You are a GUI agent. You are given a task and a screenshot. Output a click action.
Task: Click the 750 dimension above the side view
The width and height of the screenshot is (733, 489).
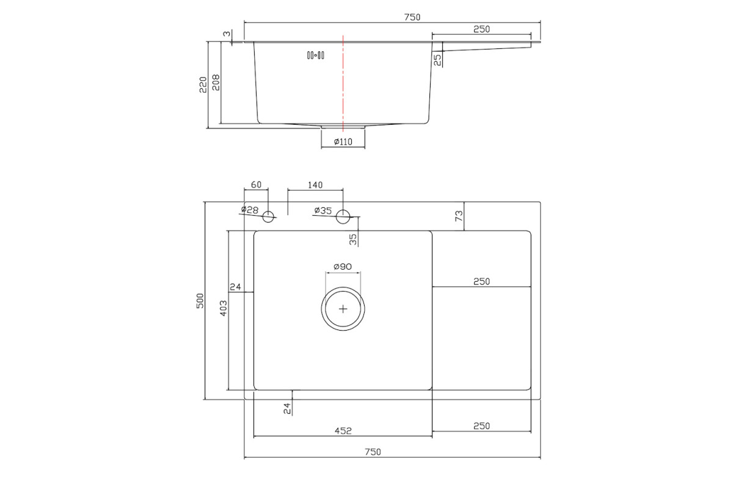(412, 17)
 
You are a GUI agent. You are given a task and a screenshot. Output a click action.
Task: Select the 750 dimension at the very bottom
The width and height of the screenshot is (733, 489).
(373, 452)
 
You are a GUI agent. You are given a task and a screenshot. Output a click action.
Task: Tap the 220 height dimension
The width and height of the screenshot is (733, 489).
(203, 85)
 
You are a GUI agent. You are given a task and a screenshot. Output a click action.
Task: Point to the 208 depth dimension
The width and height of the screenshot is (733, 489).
(216, 83)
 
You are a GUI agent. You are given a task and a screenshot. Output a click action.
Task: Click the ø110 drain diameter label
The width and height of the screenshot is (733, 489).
(343, 142)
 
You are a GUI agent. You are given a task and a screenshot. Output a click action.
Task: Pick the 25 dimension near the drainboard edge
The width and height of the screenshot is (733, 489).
(437, 60)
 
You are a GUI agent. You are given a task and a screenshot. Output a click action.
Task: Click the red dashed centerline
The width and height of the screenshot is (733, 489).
(343, 83)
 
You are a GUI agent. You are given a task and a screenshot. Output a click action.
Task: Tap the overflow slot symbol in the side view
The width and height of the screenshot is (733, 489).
(315, 56)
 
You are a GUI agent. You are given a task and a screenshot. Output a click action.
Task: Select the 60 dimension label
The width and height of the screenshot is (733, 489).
(256, 185)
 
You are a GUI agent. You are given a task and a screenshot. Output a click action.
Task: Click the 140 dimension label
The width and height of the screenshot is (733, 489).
(315, 185)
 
